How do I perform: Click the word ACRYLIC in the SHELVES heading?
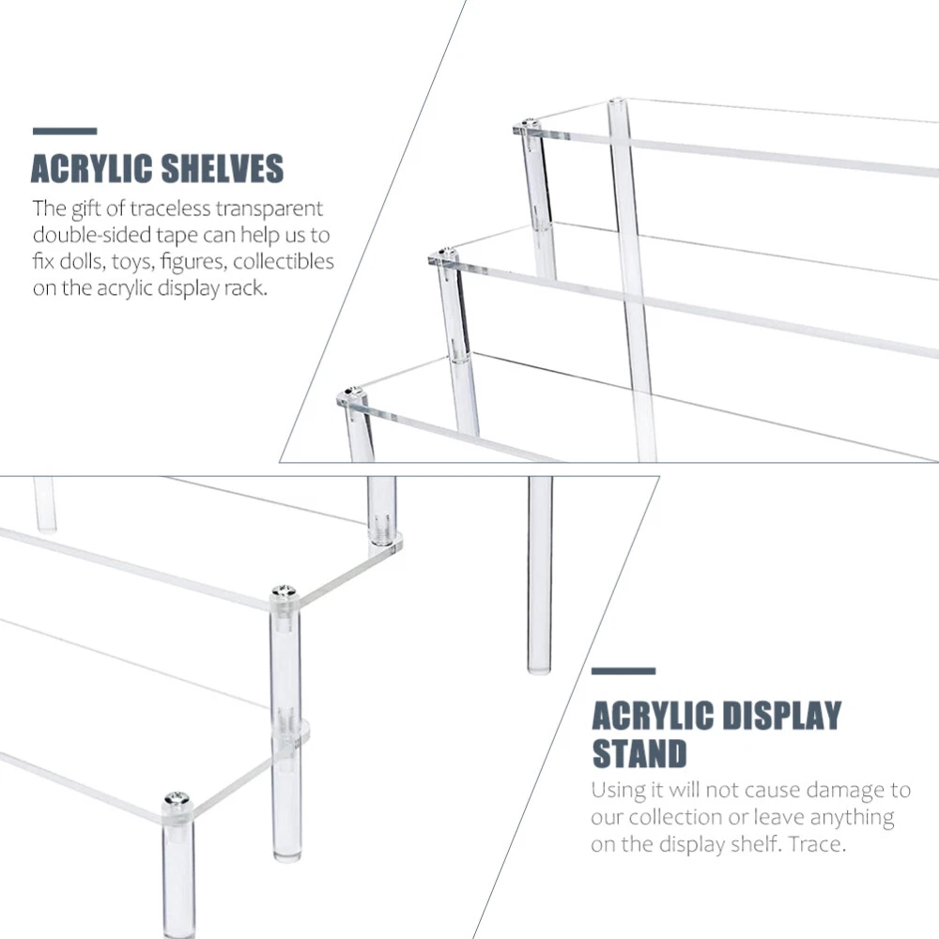(91, 168)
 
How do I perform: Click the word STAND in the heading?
(639, 753)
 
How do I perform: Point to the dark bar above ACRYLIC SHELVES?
(65, 131)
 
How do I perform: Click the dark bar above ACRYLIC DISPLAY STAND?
(623, 671)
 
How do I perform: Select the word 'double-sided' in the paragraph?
(92, 235)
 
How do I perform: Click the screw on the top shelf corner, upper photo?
(527, 125)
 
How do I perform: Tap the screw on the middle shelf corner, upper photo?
(444, 254)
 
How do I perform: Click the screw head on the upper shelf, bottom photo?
(284, 592)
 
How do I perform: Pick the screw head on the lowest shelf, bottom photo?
(177, 797)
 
